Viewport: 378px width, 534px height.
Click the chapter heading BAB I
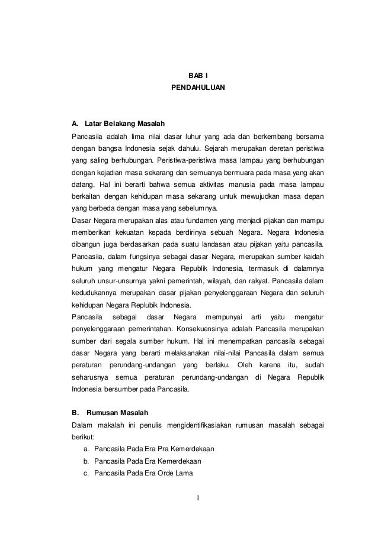194,76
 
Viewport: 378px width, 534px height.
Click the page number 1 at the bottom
198,504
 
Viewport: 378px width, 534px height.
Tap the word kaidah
313,257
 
